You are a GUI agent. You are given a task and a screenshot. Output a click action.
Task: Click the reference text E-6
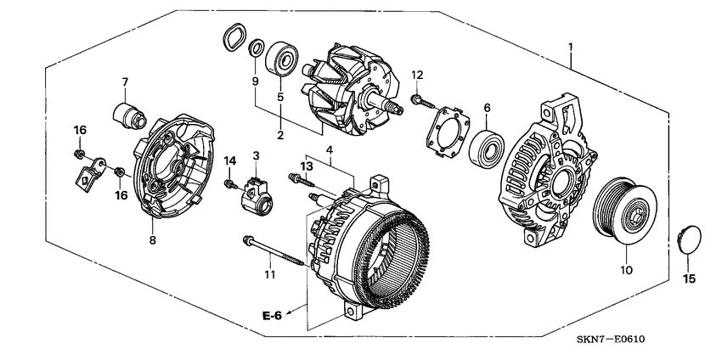pos(271,316)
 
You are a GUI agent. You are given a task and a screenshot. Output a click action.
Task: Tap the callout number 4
pos(330,150)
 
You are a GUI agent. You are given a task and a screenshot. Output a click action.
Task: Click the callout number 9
pos(254,82)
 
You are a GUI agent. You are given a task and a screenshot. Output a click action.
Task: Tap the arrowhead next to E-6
pos(293,312)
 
